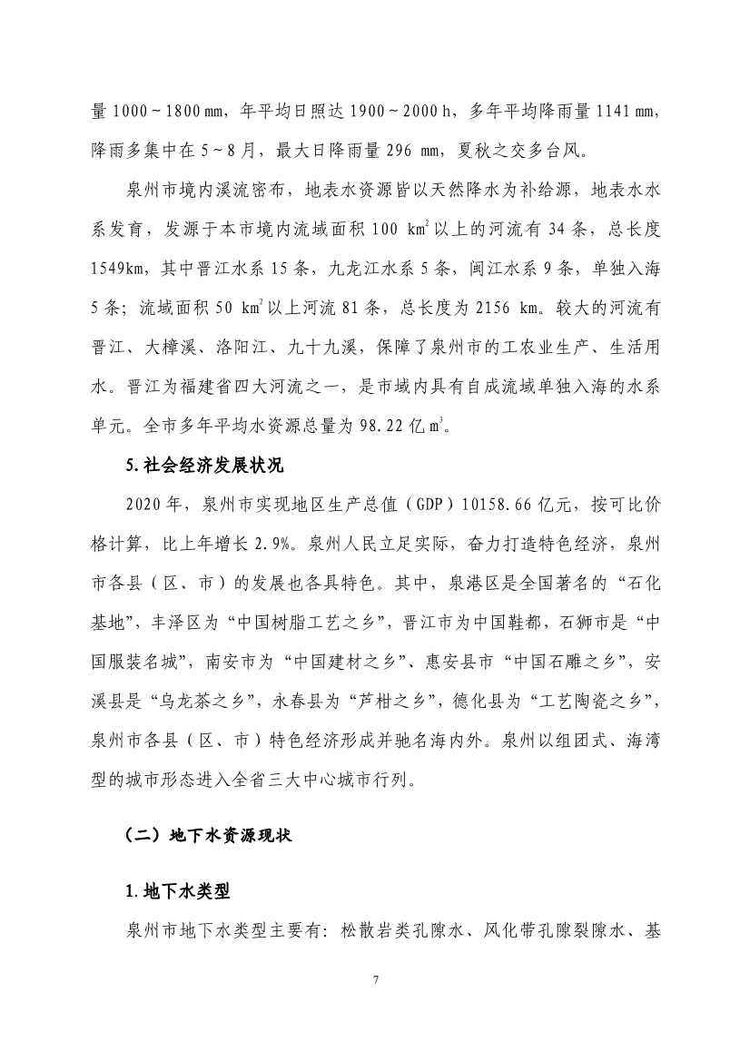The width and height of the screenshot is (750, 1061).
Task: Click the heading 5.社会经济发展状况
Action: click(206, 467)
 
